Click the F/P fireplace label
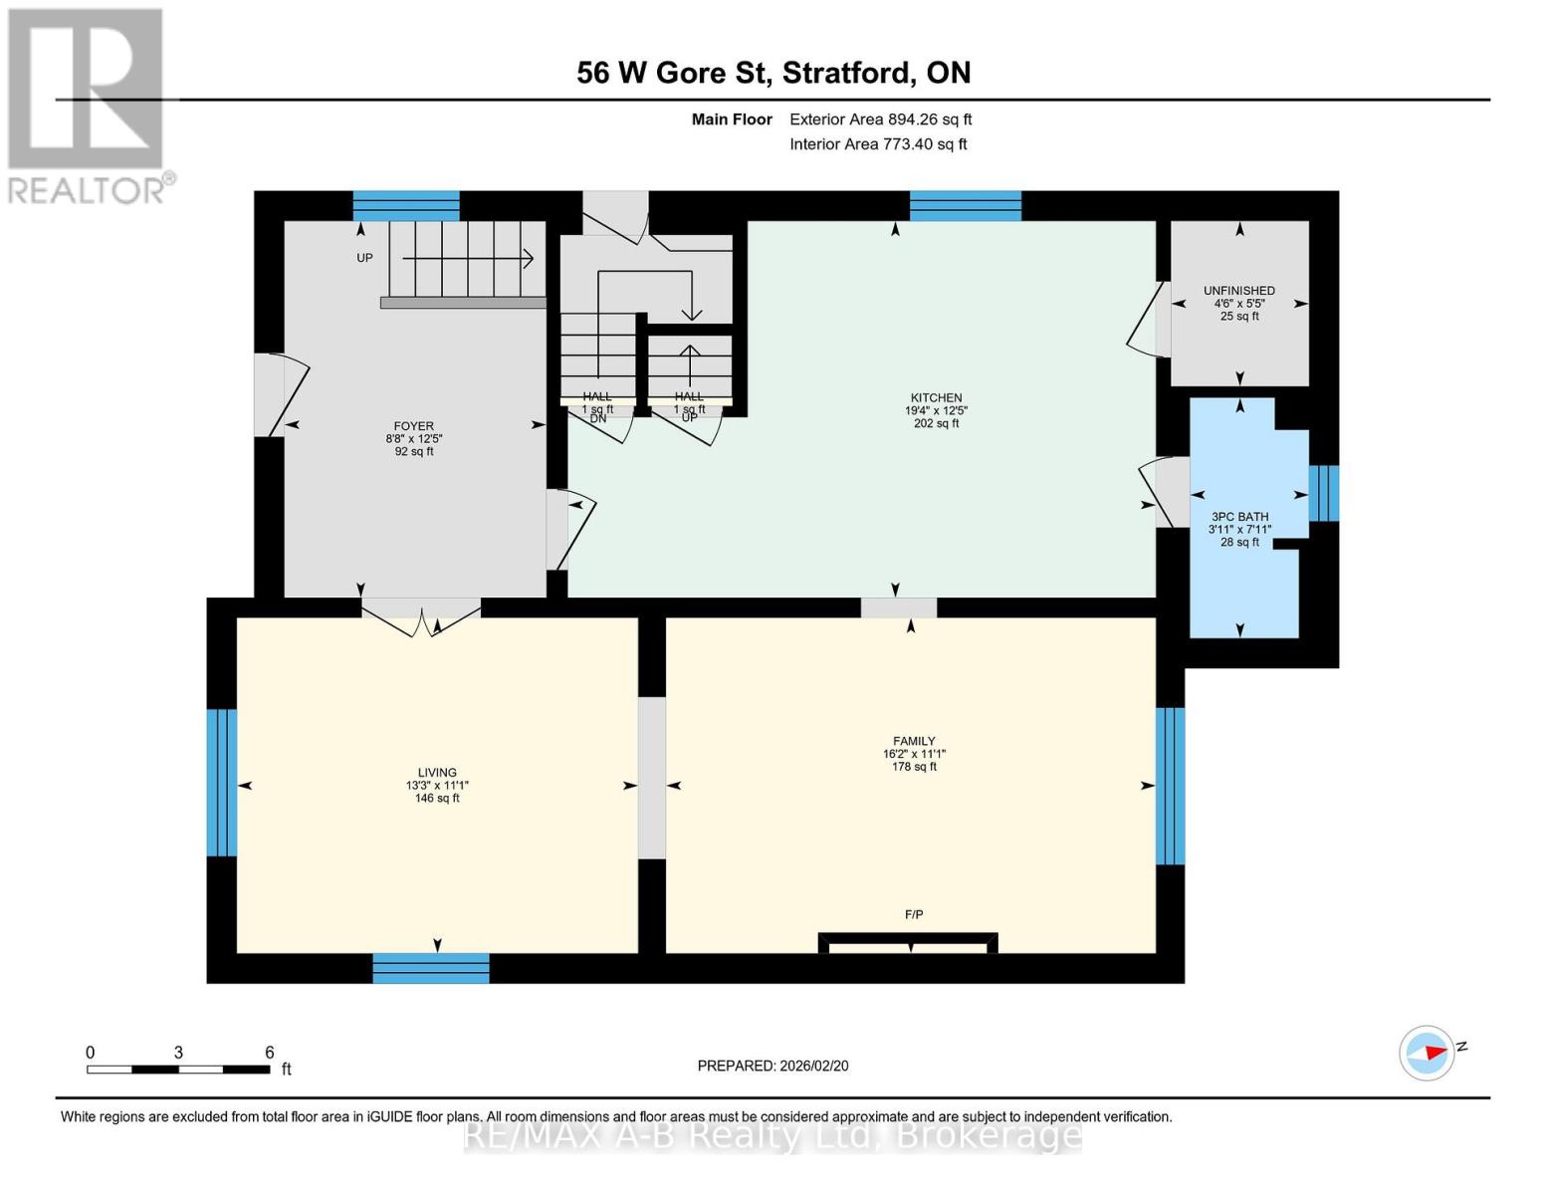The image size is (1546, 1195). pos(913,914)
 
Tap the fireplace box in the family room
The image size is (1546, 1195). pos(907,943)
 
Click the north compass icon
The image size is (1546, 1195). pos(1428,1053)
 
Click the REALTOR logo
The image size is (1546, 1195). pos(88,105)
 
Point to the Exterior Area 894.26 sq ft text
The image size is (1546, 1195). pos(880,119)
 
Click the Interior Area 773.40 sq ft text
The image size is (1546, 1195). pos(878,144)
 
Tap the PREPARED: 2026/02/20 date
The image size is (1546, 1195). pos(773,1066)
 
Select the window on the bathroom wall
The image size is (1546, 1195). pos(1323,493)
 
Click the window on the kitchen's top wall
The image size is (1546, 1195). pos(965,206)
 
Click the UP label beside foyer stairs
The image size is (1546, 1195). pos(364,258)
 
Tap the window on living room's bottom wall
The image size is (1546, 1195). pos(431,968)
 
